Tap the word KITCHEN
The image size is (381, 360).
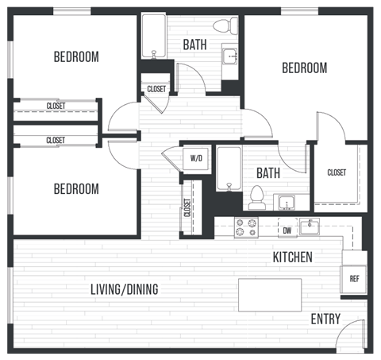pyautogui.click(x=292, y=257)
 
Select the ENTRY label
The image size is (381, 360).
pyautogui.click(x=325, y=319)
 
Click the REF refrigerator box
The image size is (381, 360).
pyautogui.click(x=354, y=279)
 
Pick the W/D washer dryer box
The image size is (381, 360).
pyautogui.click(x=196, y=158)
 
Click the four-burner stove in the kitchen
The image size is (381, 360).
pyautogui.click(x=246, y=227)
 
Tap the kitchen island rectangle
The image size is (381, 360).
pyautogui.click(x=270, y=295)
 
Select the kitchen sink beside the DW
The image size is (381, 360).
pyautogui.click(x=310, y=227)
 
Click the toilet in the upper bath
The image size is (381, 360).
pyautogui.click(x=231, y=27)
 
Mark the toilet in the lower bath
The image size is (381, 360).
pyautogui.click(x=256, y=195)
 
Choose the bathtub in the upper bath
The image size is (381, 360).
pyautogui.click(x=153, y=36)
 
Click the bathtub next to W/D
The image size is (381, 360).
pyautogui.click(x=229, y=168)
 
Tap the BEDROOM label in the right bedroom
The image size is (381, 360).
pyautogui.click(x=304, y=68)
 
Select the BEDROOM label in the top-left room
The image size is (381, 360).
pyautogui.click(x=76, y=56)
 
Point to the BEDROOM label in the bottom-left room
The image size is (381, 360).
pyautogui.click(x=76, y=189)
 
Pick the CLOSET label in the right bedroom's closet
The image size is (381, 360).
pyautogui.click(x=337, y=172)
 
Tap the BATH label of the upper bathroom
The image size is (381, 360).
pyautogui.click(x=195, y=45)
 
